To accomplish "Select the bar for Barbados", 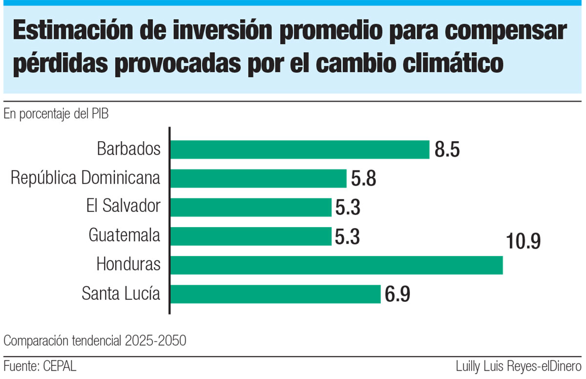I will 300,149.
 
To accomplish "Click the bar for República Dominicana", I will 258,178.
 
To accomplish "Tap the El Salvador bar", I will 251,207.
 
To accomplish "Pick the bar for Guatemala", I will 251,236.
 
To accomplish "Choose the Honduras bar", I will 336,265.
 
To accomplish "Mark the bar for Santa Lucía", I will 275,294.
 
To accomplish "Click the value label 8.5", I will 447,150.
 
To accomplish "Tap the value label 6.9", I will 398,295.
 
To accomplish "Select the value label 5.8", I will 363,179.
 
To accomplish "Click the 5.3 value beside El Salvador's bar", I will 348,208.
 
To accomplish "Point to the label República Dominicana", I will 85,178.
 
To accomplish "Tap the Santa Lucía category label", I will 121,294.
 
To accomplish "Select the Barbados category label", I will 128,149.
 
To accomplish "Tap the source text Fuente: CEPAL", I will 40,366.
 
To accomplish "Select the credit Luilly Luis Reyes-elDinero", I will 518,366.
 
